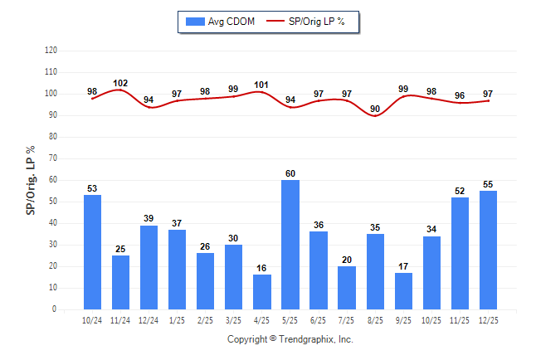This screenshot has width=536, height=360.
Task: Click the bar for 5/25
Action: click(290, 245)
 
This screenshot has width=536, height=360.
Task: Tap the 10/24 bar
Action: click(93, 252)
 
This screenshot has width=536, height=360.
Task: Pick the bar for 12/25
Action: click(489, 250)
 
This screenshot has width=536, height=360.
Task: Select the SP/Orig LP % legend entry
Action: click(312, 21)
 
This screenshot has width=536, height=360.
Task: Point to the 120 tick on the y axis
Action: click(51, 51)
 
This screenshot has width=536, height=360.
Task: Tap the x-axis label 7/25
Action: click(347, 319)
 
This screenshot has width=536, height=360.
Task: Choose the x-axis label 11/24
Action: click(121, 319)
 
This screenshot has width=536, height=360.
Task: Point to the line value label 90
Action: click(375, 109)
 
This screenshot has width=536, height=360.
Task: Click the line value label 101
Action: click(262, 85)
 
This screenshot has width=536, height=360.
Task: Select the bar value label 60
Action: click(290, 173)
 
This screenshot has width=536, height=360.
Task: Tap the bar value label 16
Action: click(262, 268)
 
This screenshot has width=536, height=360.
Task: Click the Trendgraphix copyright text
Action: click(290, 339)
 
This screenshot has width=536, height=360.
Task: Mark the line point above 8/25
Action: click(376, 116)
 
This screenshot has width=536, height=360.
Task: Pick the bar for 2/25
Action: click(206, 281)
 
